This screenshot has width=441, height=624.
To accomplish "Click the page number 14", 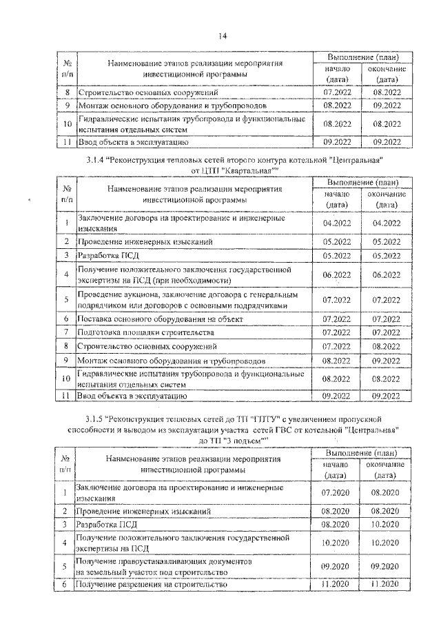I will [x=223, y=37].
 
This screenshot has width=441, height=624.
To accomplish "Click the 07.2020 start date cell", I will [x=336, y=492].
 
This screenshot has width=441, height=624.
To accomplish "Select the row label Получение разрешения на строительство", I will [x=152, y=585].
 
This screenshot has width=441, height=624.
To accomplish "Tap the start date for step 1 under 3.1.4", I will [x=336, y=223].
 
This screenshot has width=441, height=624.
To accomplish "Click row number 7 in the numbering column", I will [x=64, y=332].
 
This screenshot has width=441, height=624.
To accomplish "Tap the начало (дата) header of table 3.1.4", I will [x=336, y=199].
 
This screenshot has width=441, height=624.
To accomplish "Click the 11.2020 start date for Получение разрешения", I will [x=336, y=585].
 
